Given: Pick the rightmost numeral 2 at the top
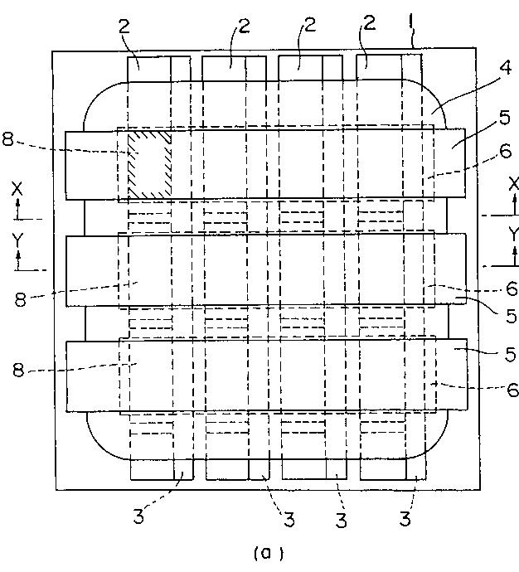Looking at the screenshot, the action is coord(369,23).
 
